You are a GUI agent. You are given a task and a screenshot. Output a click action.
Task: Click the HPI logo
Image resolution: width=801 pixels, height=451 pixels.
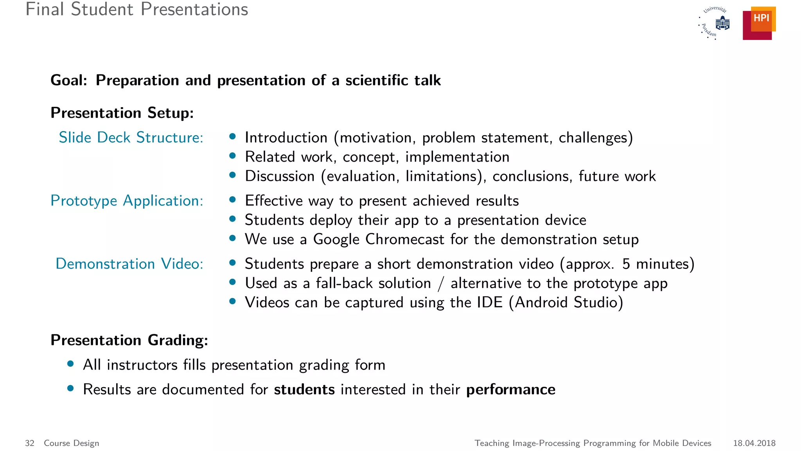tap(759, 23)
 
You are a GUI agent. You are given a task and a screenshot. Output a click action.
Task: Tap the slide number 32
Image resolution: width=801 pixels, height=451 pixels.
tap(30, 443)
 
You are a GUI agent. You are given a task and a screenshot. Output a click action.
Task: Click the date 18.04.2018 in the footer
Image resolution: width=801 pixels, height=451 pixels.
tap(754, 443)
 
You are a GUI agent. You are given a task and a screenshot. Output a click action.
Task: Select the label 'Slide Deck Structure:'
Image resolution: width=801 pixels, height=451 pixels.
tap(131, 138)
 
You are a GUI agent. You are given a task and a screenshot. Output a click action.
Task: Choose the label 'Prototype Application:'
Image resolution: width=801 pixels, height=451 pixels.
tap(127, 201)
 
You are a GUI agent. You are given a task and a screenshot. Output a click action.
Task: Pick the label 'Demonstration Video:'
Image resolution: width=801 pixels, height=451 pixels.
tap(129, 264)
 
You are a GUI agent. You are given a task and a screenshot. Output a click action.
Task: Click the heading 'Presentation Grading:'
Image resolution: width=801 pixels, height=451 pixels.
tap(129, 340)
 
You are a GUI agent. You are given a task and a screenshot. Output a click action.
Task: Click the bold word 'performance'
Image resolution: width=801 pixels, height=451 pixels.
tap(510, 390)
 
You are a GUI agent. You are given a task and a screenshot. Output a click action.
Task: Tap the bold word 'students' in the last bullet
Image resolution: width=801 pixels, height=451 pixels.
tap(304, 390)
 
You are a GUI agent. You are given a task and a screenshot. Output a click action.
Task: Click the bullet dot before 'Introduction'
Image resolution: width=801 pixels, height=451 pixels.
tap(233, 137)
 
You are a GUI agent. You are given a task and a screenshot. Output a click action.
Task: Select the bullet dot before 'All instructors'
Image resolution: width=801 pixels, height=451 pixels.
tap(71, 364)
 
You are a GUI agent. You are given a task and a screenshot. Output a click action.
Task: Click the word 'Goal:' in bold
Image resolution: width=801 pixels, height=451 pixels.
tap(69, 80)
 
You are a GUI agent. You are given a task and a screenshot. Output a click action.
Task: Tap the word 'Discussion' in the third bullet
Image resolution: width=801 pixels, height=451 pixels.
tap(280, 176)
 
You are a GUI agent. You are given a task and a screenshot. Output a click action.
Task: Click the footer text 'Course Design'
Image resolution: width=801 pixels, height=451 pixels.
tap(72, 443)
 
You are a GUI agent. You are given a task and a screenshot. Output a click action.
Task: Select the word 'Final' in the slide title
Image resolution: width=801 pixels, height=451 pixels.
tap(45, 9)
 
